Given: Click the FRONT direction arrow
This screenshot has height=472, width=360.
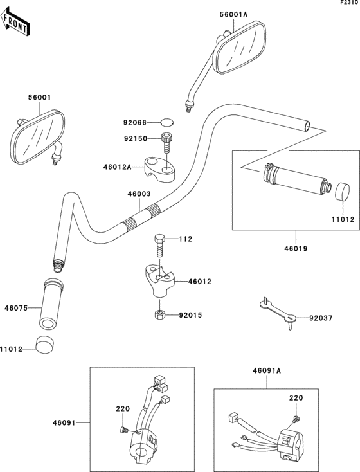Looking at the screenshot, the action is pos(15,22).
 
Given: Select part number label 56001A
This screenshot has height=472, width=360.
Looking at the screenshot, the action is pos(233,14).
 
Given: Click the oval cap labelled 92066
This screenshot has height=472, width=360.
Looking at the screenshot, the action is pos(167,122).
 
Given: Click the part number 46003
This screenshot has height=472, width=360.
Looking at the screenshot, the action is pos(139,194).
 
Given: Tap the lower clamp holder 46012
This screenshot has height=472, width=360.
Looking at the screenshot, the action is pos(159,280).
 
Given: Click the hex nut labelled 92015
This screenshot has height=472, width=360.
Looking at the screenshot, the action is pos(159,315).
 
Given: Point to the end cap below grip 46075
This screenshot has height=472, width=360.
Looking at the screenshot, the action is pos(44,344).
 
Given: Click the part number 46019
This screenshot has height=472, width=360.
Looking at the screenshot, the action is pos(296,249).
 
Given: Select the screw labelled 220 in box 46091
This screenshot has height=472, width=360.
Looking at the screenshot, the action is pos(123,430).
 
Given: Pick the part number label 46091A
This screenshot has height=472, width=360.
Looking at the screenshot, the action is pos(267,370).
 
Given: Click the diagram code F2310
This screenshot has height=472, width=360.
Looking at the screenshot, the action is pos(349,2).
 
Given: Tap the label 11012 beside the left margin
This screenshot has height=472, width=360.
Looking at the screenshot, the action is pos(11,349).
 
